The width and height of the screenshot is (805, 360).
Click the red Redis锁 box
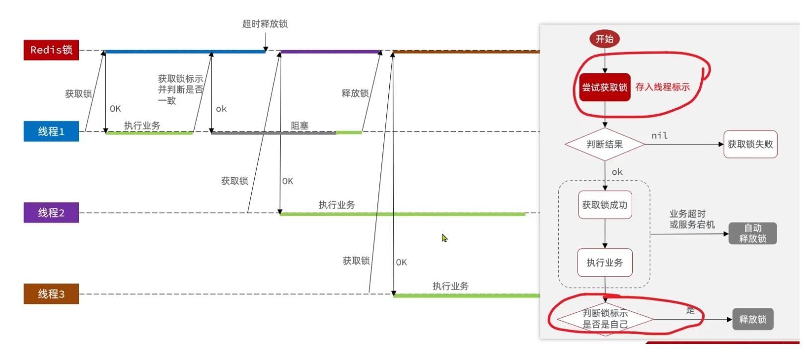coord(51,50)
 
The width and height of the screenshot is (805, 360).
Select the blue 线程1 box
coord(51,132)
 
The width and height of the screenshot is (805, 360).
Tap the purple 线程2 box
coord(51,213)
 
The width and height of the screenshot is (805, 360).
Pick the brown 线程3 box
coord(51,294)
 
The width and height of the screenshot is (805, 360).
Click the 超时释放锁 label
coord(265,24)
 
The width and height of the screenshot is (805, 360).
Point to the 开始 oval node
coord(604,39)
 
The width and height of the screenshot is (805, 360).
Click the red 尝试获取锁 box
coord(604,87)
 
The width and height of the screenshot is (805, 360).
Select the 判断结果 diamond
coord(604,144)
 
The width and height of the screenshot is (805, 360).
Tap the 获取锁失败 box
coord(750,144)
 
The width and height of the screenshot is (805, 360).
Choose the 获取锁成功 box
coord(604,205)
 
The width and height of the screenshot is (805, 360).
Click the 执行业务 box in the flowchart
coord(604,262)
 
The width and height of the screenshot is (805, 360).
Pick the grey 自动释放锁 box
coord(752,233)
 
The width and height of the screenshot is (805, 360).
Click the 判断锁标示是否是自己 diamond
coord(605,319)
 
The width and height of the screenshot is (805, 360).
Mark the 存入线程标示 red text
coord(662,87)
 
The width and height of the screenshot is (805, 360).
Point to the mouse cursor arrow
coord(444,238)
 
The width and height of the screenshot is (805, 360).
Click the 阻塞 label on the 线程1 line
coord(299,126)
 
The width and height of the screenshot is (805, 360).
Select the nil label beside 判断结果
coord(659,136)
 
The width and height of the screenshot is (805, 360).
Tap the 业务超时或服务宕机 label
coord(691,219)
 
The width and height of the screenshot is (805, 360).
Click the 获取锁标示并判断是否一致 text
coord(180,89)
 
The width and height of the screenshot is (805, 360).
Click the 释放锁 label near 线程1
coord(355,93)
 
